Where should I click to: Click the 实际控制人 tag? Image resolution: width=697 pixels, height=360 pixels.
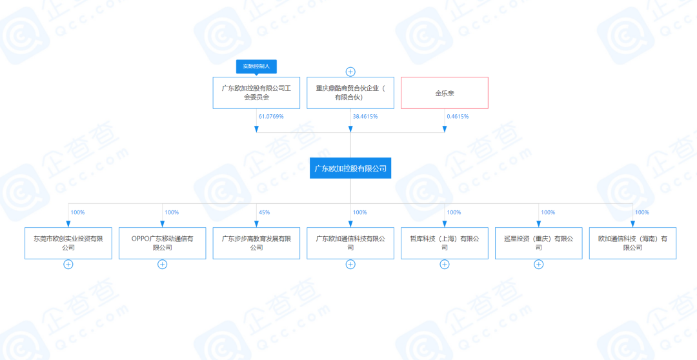(x=256, y=66)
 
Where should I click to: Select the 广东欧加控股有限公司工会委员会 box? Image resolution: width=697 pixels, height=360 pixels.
(x=256, y=92)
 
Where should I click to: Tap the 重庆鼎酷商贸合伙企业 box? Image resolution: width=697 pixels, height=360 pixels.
(x=350, y=92)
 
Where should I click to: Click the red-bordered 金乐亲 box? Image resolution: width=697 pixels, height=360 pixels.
(x=445, y=92)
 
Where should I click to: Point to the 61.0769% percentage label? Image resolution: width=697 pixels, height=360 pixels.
(x=271, y=117)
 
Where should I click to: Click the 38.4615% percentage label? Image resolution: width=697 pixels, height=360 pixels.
(x=365, y=117)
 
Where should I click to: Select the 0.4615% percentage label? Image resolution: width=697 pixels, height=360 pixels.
(x=458, y=117)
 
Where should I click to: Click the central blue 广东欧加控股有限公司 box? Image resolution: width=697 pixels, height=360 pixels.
(x=350, y=168)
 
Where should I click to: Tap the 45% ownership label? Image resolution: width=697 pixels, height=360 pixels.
(x=264, y=212)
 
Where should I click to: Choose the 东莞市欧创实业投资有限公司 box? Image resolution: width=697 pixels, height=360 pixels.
(x=68, y=243)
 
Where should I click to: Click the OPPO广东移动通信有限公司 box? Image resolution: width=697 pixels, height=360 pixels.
(x=162, y=243)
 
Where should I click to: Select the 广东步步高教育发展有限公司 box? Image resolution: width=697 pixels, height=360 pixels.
(x=256, y=243)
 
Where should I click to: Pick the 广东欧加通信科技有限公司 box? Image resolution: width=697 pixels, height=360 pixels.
(x=350, y=243)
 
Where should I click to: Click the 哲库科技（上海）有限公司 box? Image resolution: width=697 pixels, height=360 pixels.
(x=445, y=243)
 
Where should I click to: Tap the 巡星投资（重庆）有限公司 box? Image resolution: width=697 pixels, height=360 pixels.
(x=539, y=243)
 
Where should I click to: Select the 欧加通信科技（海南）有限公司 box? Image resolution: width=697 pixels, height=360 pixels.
(x=632, y=243)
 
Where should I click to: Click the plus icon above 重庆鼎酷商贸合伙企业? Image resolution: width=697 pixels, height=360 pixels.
(x=350, y=72)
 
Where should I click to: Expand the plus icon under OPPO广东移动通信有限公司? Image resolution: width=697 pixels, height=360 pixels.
(x=162, y=264)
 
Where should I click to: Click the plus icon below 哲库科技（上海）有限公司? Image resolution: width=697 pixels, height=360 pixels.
(x=445, y=264)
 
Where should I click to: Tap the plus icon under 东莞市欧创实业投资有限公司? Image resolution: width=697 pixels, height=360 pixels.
(x=68, y=264)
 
